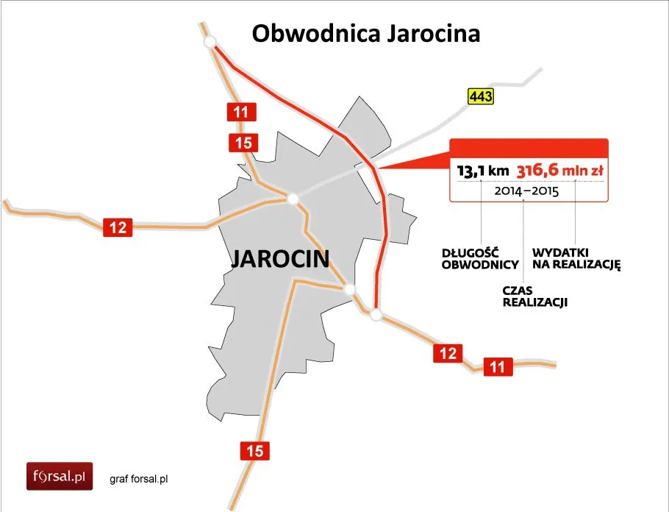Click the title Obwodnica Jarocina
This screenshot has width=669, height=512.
coord(365,33)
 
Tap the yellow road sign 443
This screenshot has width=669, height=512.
coord(479,96)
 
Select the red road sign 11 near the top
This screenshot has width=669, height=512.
coord(242,113)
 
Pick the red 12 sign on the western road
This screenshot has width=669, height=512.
coord(118,227)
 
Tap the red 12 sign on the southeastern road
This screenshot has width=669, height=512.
coord(448,353)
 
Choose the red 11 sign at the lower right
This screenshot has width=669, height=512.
coord(498,366)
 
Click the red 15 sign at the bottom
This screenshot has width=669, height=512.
coord(254,450)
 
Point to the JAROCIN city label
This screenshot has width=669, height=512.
coord(280,258)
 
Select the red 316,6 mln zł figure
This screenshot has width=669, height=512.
coord(559,171)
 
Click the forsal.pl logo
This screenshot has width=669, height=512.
coord(60,475)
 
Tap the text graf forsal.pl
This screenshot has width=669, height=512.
coord(139,479)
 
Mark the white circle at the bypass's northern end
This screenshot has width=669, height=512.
coord(210,43)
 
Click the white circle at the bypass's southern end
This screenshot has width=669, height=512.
coord(376,315)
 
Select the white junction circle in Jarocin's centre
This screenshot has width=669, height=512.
coord(293,199)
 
